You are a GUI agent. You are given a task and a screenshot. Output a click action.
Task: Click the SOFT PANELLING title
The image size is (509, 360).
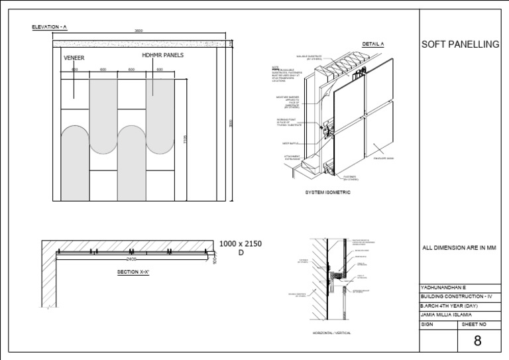click(460, 44)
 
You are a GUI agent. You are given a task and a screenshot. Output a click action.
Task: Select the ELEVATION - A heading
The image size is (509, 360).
click(50, 27)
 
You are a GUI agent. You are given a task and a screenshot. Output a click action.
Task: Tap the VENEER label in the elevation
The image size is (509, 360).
click(74, 58)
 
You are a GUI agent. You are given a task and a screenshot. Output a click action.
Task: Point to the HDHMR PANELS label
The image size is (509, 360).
click(162, 54)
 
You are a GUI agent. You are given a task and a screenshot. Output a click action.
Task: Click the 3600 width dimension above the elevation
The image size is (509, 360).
click(138, 31)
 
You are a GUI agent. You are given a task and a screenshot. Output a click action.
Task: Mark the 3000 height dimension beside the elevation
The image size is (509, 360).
click(231, 124)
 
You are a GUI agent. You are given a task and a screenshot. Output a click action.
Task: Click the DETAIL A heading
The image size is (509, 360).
click(373, 44)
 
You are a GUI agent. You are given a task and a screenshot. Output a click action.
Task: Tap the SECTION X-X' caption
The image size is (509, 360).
click(133, 272)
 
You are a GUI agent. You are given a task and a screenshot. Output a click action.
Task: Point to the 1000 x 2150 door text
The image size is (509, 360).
click(241, 244)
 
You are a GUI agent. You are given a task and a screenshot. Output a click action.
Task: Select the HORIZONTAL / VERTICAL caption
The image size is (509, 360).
click(331, 332)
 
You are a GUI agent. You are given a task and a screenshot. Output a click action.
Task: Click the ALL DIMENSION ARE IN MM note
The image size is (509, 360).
click(459, 248)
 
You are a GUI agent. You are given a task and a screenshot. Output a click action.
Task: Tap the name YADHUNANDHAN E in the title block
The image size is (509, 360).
click(443, 287)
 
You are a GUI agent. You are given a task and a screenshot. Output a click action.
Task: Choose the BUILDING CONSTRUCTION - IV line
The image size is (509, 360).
click(457, 296)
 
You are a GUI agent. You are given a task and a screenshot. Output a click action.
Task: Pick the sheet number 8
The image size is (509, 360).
click(477, 341)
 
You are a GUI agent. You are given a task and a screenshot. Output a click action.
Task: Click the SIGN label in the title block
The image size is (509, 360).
click(427, 324)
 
